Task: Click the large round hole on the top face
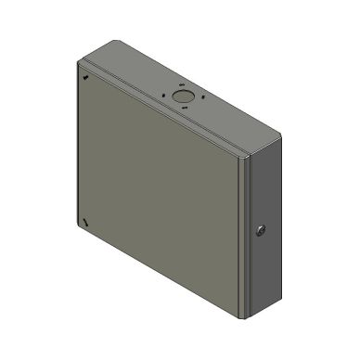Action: [182, 95]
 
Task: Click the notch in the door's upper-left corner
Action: [86, 78]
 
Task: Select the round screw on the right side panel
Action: [260, 228]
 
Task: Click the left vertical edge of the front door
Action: [79, 148]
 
